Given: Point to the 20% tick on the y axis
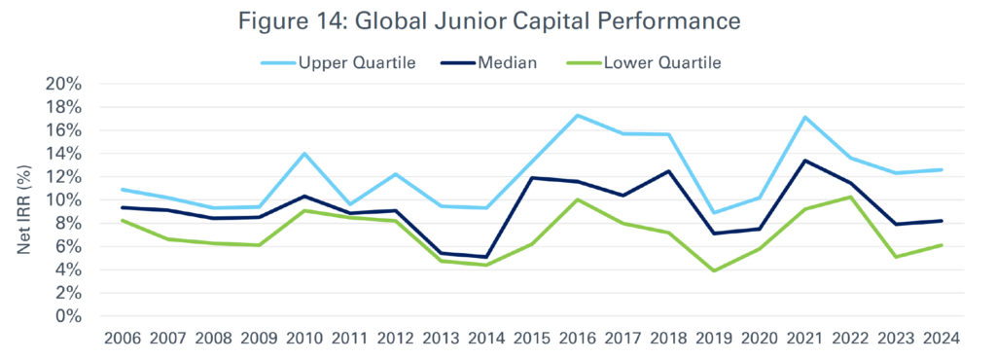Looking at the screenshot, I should click(61, 84).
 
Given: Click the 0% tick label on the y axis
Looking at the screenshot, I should click(66, 316).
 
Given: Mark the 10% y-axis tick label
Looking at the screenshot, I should click(61, 199).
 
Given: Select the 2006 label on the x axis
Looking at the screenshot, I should click(122, 339).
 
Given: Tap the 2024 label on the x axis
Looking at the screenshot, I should click(940, 339).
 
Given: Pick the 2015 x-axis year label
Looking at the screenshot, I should click(530, 339).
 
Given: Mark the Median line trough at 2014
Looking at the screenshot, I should click(484, 257).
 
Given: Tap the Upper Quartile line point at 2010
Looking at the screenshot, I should click(303, 154).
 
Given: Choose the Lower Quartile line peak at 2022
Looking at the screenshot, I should click(849, 198).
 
